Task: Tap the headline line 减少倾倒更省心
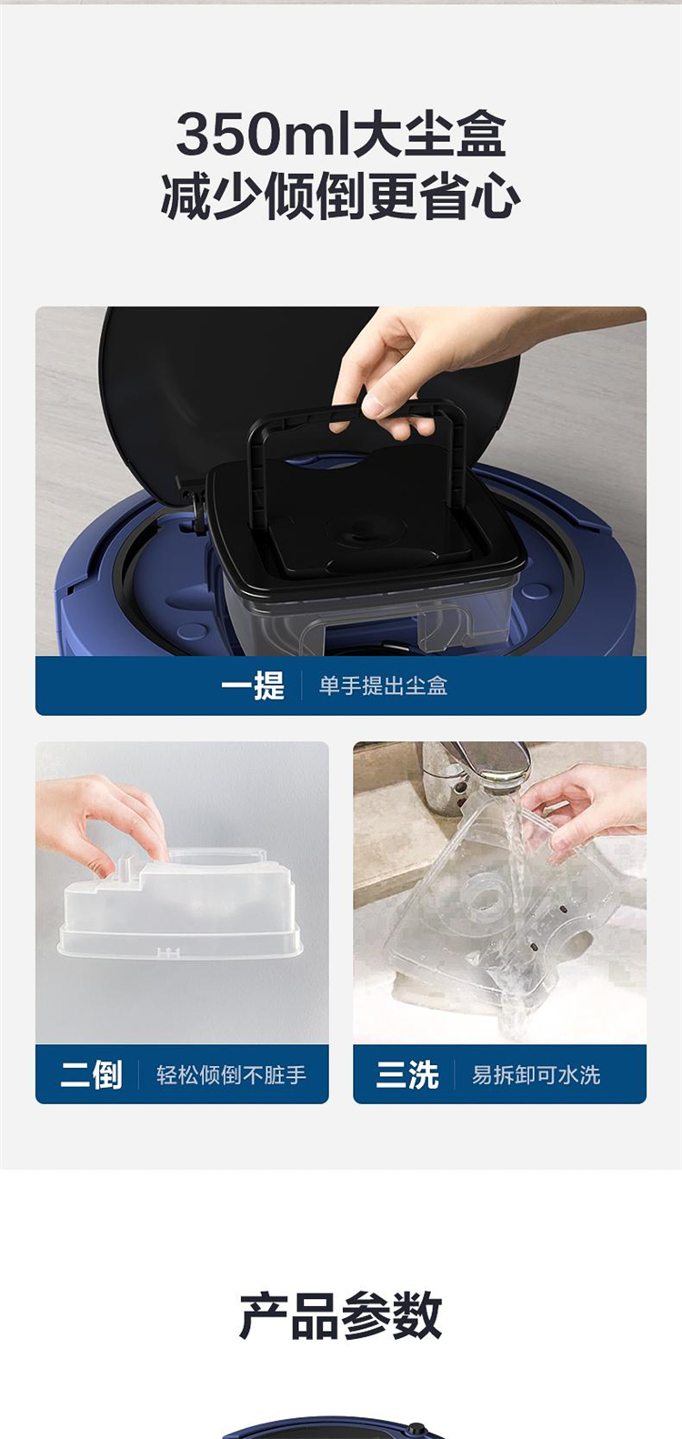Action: click(x=340, y=197)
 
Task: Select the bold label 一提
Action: click(x=253, y=686)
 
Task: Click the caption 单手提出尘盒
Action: click(x=383, y=686)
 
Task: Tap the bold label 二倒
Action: click(x=91, y=1074)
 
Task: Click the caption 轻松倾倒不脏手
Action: click(x=231, y=1075)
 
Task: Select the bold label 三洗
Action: click(x=407, y=1074)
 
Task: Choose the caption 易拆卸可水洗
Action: click(x=537, y=1075)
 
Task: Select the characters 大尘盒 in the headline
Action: click(x=429, y=135)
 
